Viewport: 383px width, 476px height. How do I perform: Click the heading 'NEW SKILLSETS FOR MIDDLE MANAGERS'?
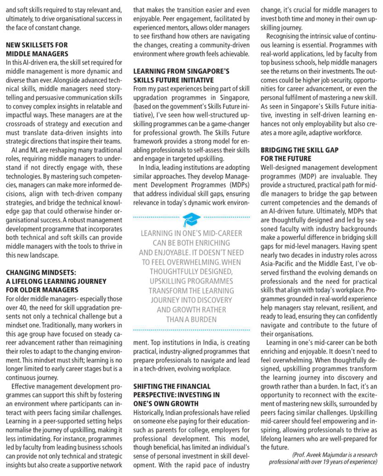[x=37, y=49]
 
